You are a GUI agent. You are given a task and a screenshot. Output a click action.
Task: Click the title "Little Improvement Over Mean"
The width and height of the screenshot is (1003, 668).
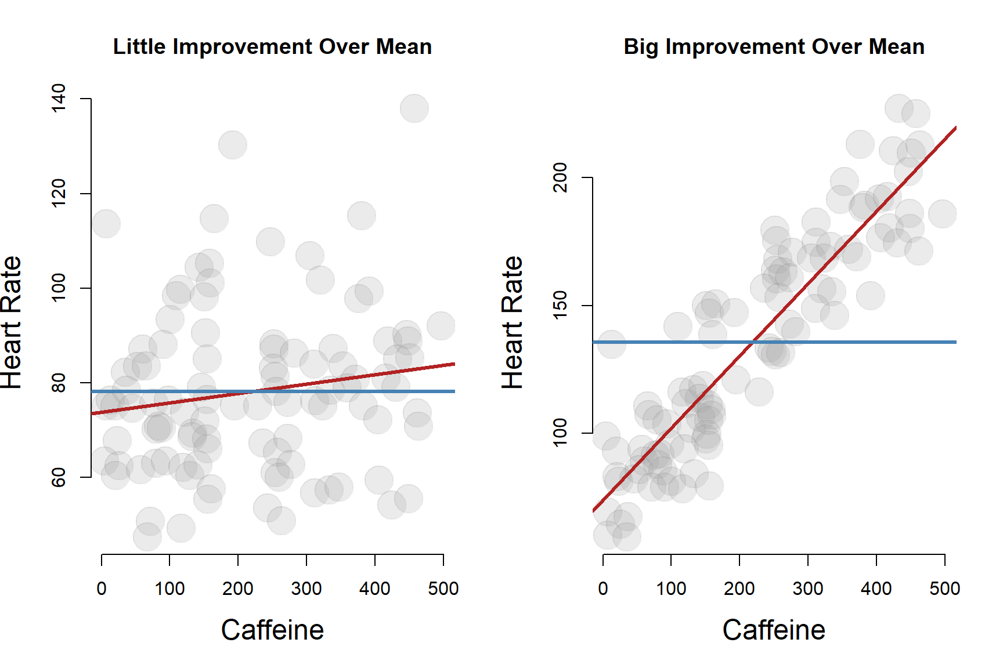[272, 47]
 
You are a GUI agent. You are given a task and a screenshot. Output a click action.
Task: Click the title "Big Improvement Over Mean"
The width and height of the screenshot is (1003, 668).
[774, 47]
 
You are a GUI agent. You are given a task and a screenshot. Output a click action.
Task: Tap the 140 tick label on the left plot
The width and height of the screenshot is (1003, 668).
[59, 99]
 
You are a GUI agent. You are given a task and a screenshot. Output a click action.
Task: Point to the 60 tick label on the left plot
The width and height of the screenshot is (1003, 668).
[59, 477]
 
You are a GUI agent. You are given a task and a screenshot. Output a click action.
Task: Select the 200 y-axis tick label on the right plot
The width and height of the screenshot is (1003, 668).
[560, 177]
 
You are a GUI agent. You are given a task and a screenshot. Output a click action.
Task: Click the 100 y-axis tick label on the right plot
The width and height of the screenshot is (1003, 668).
[560, 433]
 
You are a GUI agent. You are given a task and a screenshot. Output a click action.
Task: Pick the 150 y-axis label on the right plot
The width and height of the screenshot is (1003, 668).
[560, 305]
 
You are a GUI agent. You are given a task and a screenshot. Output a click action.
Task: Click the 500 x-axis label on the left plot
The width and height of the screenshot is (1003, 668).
[443, 589]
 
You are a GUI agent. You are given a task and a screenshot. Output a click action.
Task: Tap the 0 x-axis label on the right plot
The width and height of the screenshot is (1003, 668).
[603, 589]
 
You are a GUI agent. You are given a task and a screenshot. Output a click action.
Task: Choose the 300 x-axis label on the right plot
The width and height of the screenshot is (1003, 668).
[808, 589]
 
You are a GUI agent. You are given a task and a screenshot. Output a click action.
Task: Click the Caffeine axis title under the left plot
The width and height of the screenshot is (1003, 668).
[272, 630]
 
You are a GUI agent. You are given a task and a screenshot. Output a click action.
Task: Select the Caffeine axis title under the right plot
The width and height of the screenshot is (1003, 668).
[774, 630]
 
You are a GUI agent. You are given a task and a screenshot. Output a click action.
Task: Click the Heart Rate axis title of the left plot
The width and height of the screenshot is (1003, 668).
[12, 322]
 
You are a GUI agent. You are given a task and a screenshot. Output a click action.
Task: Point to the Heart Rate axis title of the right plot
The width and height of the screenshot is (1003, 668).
[513, 322]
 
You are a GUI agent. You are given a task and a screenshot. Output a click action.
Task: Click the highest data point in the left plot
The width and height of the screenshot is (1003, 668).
[414, 108]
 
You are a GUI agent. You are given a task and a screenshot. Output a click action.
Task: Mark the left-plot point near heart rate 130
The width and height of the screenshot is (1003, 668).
[233, 144]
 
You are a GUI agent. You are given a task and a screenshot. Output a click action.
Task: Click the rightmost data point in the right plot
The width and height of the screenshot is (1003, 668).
[942, 214]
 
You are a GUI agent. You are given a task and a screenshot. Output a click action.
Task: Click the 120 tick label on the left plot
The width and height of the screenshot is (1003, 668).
[59, 193]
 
